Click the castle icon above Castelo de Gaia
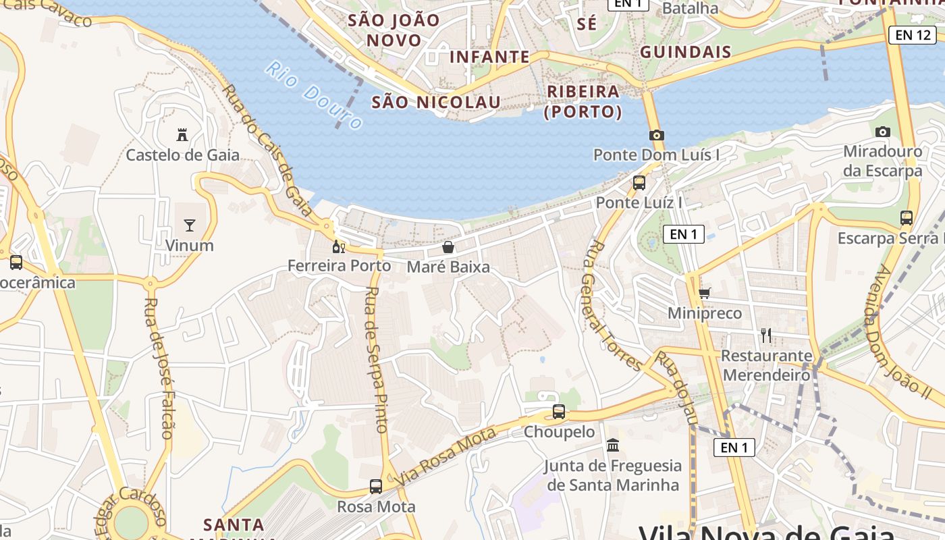click(x=182, y=135)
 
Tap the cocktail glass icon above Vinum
click(x=190, y=225)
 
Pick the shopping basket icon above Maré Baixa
click(x=448, y=248)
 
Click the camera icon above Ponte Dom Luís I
click(x=656, y=135)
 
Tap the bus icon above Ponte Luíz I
click(x=639, y=182)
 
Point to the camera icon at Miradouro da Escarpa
click(x=882, y=132)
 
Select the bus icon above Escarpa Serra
click(x=907, y=218)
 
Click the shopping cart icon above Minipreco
click(x=705, y=293)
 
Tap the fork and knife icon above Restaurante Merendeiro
click(x=766, y=335)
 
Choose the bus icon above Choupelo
click(x=559, y=411)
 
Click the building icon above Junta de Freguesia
click(x=613, y=445)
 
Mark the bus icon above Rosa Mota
click(x=376, y=486)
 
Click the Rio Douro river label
click(x=314, y=95)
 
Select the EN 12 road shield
click(x=912, y=35)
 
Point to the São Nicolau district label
click(x=436, y=102)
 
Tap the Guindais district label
click(x=685, y=52)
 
